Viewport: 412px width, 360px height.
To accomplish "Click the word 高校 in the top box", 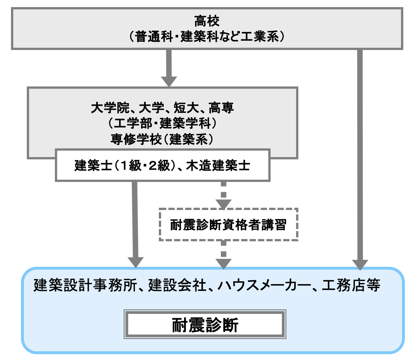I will point(207,22).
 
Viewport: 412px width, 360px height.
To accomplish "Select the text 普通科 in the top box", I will point(154,36).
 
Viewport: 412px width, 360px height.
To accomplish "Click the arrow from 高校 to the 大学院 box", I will point(169,68).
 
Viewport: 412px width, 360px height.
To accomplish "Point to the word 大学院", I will point(110,108).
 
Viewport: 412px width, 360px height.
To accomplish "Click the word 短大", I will point(186,108).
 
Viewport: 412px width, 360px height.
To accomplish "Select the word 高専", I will point(221,108).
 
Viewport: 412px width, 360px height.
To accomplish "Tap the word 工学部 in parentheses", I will point(132,123).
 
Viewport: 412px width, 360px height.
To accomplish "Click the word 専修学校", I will point(136,139).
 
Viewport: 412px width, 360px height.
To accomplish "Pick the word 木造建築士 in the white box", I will point(218,165).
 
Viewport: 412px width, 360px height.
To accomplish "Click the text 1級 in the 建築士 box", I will point(130,165).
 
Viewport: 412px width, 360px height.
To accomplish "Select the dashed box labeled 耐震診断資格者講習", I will point(228,225).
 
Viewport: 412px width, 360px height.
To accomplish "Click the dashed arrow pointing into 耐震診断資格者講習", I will point(223,195).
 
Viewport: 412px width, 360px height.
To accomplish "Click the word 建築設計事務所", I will point(85,285).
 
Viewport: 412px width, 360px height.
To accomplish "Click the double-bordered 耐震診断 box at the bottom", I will point(205,325).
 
